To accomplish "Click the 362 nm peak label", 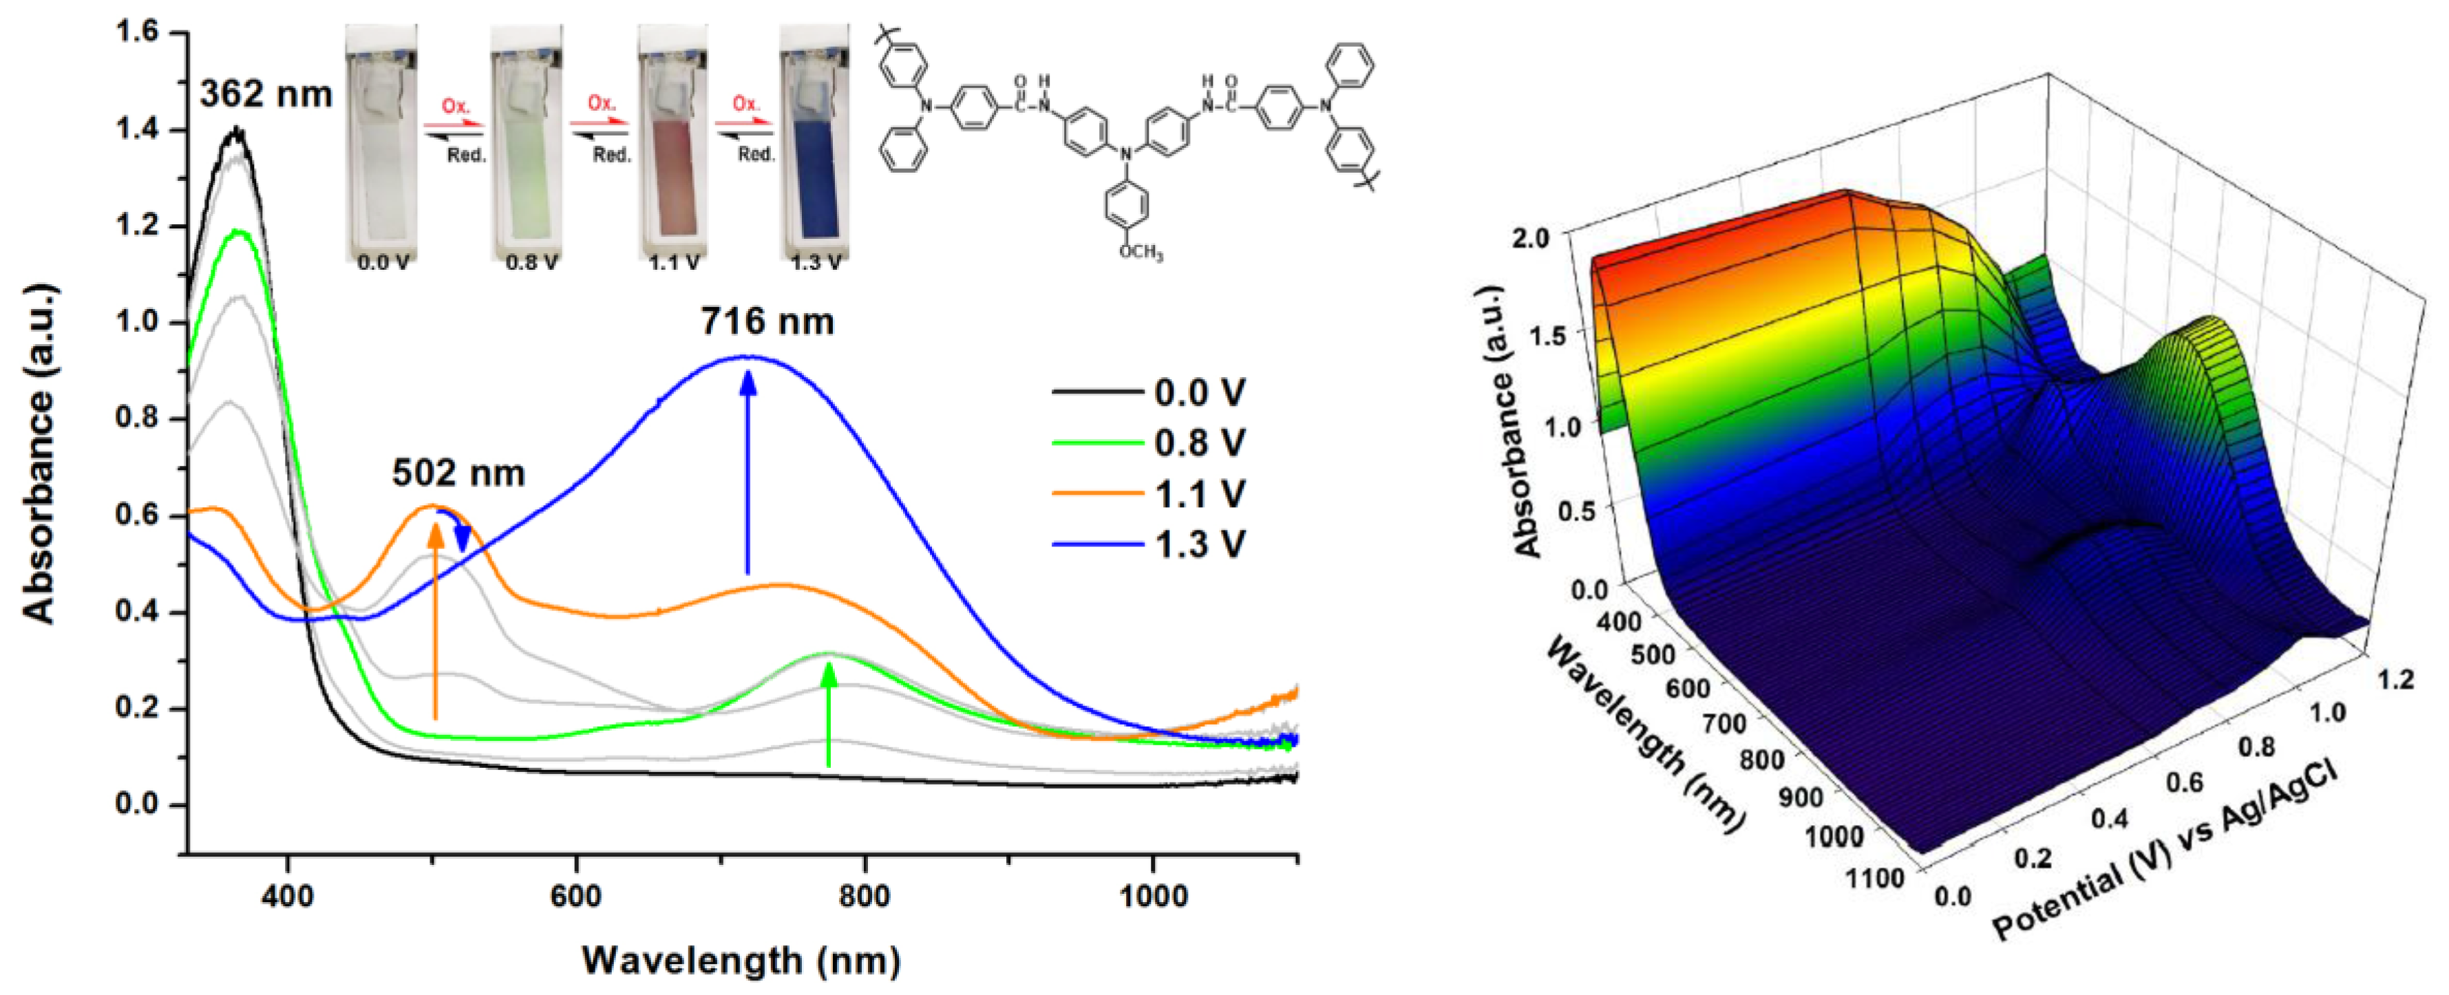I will tap(265, 94).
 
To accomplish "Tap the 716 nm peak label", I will tap(767, 322).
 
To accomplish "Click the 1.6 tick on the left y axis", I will tap(137, 32).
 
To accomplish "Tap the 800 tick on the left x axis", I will tap(865, 896).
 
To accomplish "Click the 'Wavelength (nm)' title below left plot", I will tap(741, 960).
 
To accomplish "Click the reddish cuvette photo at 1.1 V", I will tap(672, 142).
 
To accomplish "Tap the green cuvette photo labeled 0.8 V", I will tap(526, 142).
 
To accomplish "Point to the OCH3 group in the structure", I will tap(1141, 252).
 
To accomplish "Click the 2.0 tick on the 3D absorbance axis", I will tap(1531, 237).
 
